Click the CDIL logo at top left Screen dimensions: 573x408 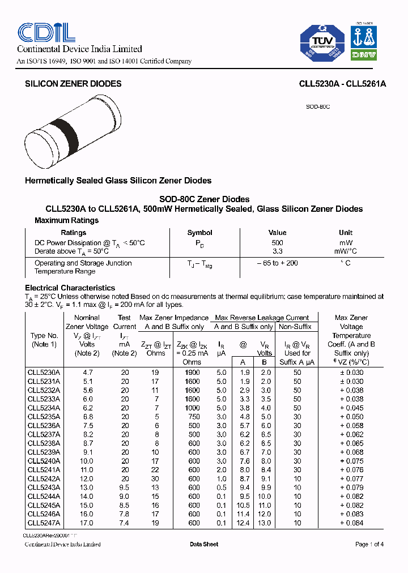(x=46, y=32)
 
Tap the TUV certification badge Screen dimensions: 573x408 (x=322, y=42)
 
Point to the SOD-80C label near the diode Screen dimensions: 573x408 (x=318, y=106)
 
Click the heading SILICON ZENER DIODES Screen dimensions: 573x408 (x=73, y=84)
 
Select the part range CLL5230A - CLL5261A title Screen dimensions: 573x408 (x=342, y=84)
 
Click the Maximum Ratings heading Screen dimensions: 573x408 (x=66, y=220)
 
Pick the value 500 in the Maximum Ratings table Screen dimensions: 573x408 (x=277, y=243)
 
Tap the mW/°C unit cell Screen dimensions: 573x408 (x=345, y=251)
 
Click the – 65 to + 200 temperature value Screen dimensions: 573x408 (x=277, y=263)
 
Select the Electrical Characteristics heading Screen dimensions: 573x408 (x=70, y=288)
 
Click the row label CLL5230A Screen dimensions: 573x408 (x=44, y=373)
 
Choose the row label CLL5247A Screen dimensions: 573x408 (x=44, y=523)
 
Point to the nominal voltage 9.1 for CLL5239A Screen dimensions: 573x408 (x=87, y=452)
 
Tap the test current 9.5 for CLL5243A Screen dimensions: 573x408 (x=125, y=488)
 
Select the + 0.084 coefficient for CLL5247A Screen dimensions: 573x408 (x=351, y=523)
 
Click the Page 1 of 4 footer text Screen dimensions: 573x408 (x=369, y=544)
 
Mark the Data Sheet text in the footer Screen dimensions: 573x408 (x=204, y=544)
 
